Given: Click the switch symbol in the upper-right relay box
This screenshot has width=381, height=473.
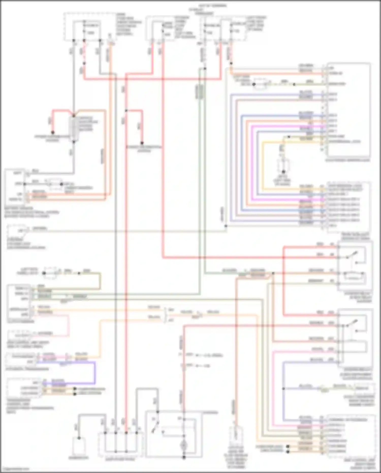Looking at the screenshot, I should (x=352, y=254).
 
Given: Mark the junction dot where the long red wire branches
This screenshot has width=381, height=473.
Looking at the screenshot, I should (x=126, y=111).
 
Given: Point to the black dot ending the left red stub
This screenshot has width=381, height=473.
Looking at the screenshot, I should (x=53, y=132).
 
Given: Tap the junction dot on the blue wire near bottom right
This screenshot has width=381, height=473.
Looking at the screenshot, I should (x=283, y=389).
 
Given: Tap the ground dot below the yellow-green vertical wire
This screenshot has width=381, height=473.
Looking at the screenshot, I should (x=283, y=172).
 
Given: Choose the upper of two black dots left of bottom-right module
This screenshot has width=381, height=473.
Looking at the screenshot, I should (x=288, y=446).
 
